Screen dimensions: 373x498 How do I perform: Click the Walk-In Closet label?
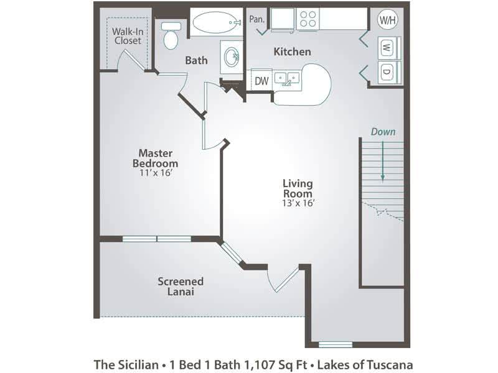coord(127,35)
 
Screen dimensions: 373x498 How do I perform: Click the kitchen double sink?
coord(287,79)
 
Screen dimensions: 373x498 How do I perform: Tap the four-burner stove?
coord(308,20)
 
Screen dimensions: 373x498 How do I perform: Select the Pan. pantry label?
coord(257,19)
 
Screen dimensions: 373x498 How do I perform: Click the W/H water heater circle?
coord(387,19)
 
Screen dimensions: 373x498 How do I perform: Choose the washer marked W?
coord(387,47)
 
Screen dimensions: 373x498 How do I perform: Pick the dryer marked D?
coord(387,71)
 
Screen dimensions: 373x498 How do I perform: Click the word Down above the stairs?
coord(383,132)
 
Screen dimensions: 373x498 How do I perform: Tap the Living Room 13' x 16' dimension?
coord(298,203)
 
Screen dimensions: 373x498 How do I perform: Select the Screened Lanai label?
coord(180,286)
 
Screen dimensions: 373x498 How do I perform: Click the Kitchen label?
coord(292,52)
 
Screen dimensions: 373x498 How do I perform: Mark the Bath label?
coord(196,60)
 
